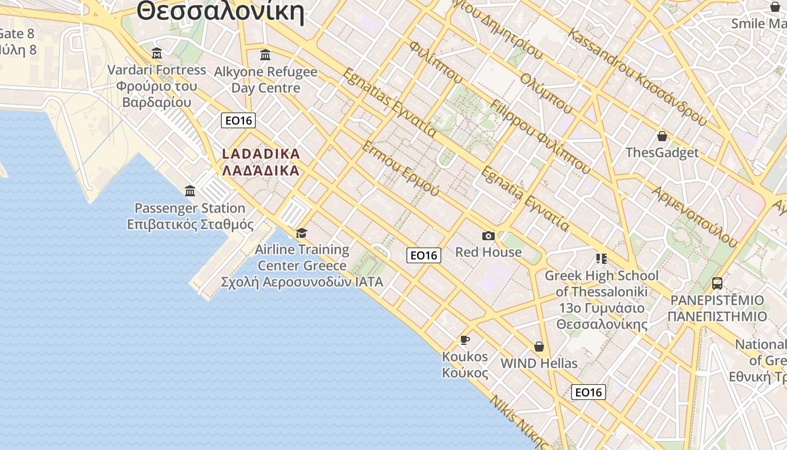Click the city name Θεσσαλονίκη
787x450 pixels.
pyautogui.click(x=220, y=11)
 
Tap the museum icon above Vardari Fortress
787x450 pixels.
pyautogui.click(x=157, y=54)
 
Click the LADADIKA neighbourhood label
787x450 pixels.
pyautogui.click(x=261, y=162)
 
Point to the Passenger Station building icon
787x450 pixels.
pyautogui.click(x=190, y=191)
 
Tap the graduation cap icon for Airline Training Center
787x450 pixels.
pyautogui.click(x=302, y=233)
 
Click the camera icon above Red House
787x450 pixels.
pyautogui.click(x=488, y=236)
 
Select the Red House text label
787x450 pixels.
pyautogui.click(x=488, y=252)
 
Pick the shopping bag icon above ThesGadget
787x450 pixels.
pyautogui.click(x=662, y=136)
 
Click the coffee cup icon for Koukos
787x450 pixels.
pyautogui.click(x=464, y=340)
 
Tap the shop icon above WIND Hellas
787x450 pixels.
pyautogui.click(x=539, y=346)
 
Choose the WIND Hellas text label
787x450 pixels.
pyautogui.click(x=539, y=363)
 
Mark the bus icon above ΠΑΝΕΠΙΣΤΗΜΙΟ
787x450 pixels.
pyautogui.click(x=717, y=283)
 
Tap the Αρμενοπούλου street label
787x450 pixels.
pyautogui.click(x=694, y=216)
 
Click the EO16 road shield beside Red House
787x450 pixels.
pyautogui.click(x=423, y=255)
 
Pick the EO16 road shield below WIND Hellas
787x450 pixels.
pyautogui.click(x=588, y=392)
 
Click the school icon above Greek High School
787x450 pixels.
pyautogui.click(x=601, y=259)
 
